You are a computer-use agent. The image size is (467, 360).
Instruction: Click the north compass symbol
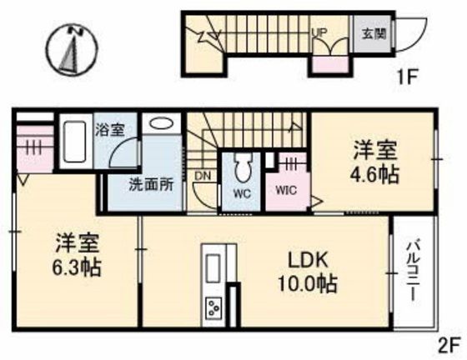pyautogui.click(x=73, y=47)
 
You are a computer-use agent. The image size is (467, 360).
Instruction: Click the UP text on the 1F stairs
pyautogui.click(x=319, y=32)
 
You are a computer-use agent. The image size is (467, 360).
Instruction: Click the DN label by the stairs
pyautogui.click(x=202, y=177)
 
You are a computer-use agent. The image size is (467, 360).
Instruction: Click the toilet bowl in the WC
pyautogui.click(x=244, y=171)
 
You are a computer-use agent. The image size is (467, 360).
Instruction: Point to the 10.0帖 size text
pyautogui.click(x=308, y=284)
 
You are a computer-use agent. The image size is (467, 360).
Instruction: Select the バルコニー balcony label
pyautogui.click(x=414, y=272)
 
